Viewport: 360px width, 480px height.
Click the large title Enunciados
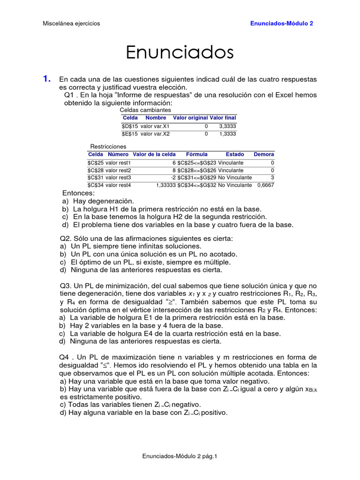coord(180,52)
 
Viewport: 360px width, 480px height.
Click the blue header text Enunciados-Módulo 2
coord(281,23)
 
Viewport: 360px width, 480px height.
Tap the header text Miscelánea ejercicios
coord(71,23)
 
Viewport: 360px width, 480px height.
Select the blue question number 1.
coord(46,79)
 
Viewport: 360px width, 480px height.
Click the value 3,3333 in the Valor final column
coord(227,126)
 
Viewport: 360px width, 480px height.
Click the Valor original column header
coord(190,118)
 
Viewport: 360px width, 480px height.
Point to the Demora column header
coord(264,154)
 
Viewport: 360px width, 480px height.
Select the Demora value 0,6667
coord(265,185)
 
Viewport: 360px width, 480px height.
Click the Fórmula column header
coord(197,154)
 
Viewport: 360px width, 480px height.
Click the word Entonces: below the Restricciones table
coord(78,193)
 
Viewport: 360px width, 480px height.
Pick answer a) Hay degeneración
coord(94,201)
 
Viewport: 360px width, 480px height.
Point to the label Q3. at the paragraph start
coord(66,285)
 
